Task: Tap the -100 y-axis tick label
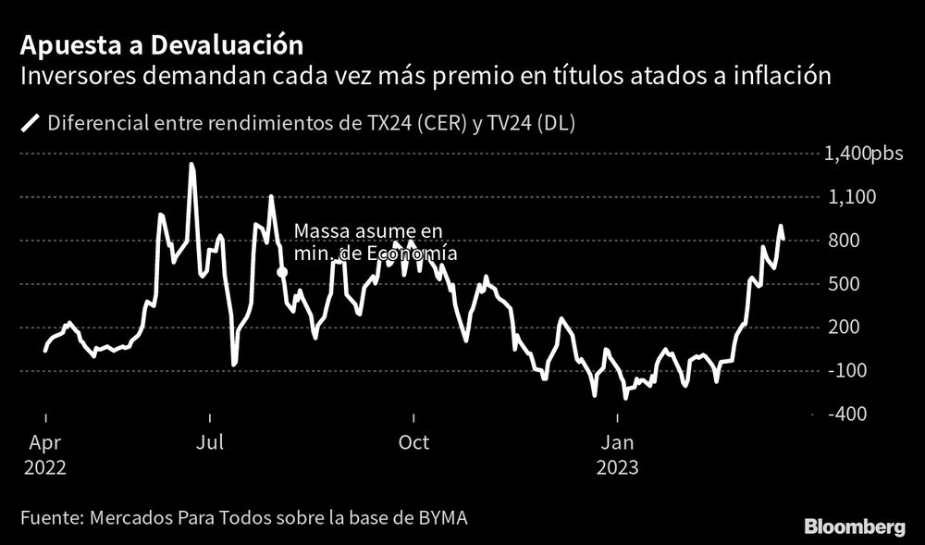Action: pyautogui.click(x=849, y=371)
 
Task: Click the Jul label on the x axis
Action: pyautogui.click(x=210, y=442)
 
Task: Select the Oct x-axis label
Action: pyautogui.click(x=413, y=442)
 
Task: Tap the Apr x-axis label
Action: pyautogui.click(x=44, y=442)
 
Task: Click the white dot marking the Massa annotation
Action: pyautogui.click(x=281, y=272)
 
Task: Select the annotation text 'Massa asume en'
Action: pyautogui.click(x=367, y=231)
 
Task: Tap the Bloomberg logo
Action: pyautogui.click(x=854, y=526)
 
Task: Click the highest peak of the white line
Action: pyautogui.click(x=191, y=166)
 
